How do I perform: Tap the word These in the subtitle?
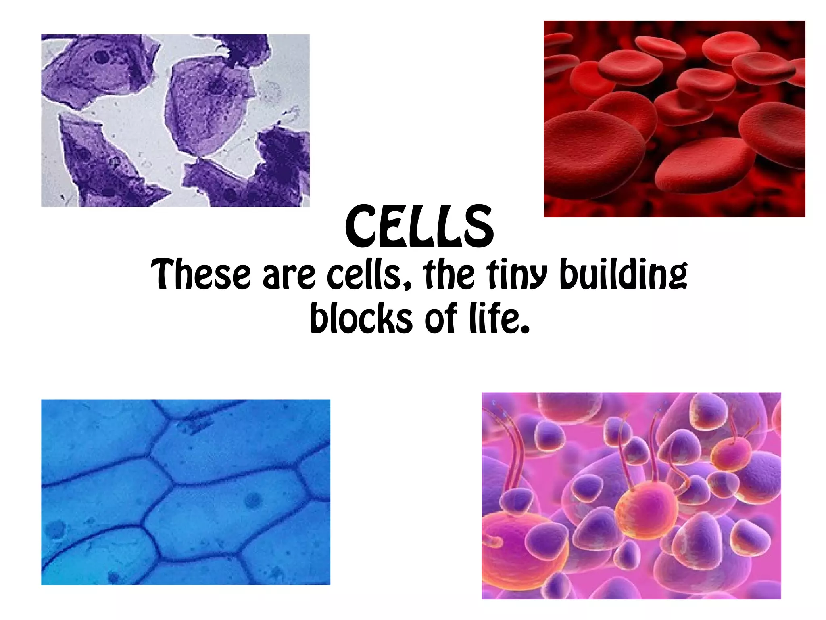[x=200, y=274]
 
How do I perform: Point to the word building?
[x=624, y=274]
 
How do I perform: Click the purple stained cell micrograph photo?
[x=175, y=120]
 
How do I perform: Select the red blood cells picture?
[x=674, y=119]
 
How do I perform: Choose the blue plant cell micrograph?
[x=186, y=492]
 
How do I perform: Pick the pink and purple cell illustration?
[x=631, y=495]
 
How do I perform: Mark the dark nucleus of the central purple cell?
[x=218, y=86]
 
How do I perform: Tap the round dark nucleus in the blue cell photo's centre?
[x=253, y=501]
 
